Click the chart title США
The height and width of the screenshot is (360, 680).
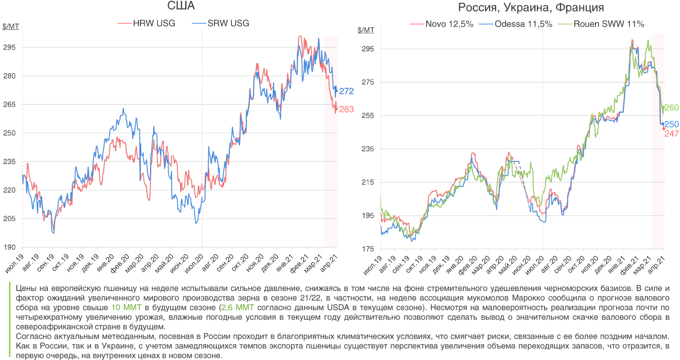tap(181, 6)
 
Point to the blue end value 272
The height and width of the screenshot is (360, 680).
tap(346, 91)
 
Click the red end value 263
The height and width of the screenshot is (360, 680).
tap(346, 109)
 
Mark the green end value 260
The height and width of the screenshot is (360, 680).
tap(672, 108)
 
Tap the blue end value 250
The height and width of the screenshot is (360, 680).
tap(672, 124)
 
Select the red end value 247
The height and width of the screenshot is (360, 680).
tap(672, 134)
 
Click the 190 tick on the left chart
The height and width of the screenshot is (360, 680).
tap(10, 247)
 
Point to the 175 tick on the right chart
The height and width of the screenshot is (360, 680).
tap(367, 249)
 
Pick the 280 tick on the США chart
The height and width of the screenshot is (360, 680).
tap(10, 76)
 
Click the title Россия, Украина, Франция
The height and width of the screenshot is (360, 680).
tap(531, 7)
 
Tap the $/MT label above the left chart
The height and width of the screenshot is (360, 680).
tap(10, 26)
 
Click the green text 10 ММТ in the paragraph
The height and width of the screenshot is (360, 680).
tap(126, 308)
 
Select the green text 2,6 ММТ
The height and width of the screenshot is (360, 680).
tap(237, 308)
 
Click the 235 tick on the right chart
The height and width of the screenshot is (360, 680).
tap(367, 149)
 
